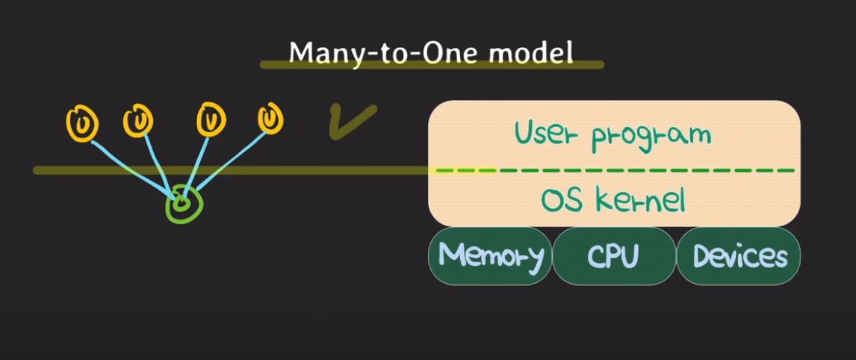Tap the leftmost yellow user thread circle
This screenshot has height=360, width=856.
coord(81,122)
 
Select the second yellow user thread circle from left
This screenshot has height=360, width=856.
coord(138,120)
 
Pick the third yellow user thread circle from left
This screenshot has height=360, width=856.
coord(211,120)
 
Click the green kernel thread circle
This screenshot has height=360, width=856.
coord(182,203)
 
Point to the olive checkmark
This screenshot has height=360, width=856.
coord(351,122)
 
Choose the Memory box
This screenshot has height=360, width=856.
coord(490,256)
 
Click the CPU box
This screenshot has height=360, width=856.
coord(613,256)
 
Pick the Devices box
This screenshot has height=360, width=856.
coord(739,256)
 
